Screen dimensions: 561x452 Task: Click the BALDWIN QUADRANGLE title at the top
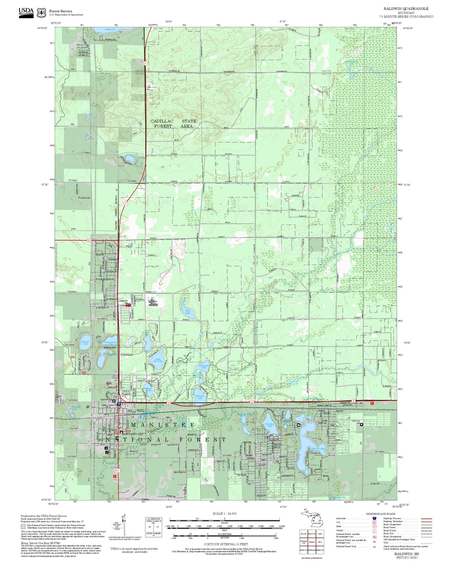pos(406,9)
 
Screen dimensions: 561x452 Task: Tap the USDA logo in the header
pos(26,12)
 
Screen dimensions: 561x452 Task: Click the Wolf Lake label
pos(110,30)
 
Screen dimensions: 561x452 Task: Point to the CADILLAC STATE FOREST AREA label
pos(173,124)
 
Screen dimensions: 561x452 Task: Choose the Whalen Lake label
pos(200,397)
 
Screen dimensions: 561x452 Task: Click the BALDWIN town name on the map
pos(136,411)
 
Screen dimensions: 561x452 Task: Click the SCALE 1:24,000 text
pos(224,514)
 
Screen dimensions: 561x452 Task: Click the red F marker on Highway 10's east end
pos(372,403)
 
